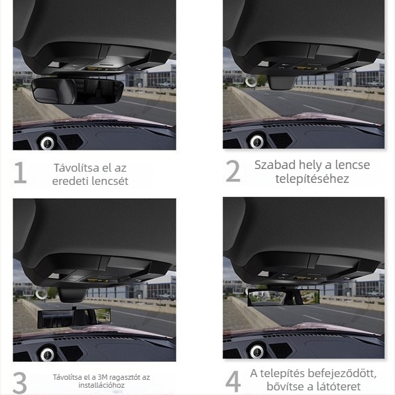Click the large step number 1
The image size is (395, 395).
click(x=20, y=172)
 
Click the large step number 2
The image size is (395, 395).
click(x=233, y=172)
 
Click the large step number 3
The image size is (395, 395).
click(x=20, y=382)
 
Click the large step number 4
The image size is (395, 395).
click(x=233, y=382)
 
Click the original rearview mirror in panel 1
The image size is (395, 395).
click(x=77, y=89)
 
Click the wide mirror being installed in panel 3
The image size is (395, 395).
click(x=74, y=317)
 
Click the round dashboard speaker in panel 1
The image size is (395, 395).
click(x=47, y=142)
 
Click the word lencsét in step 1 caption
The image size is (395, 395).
click(x=109, y=181)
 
